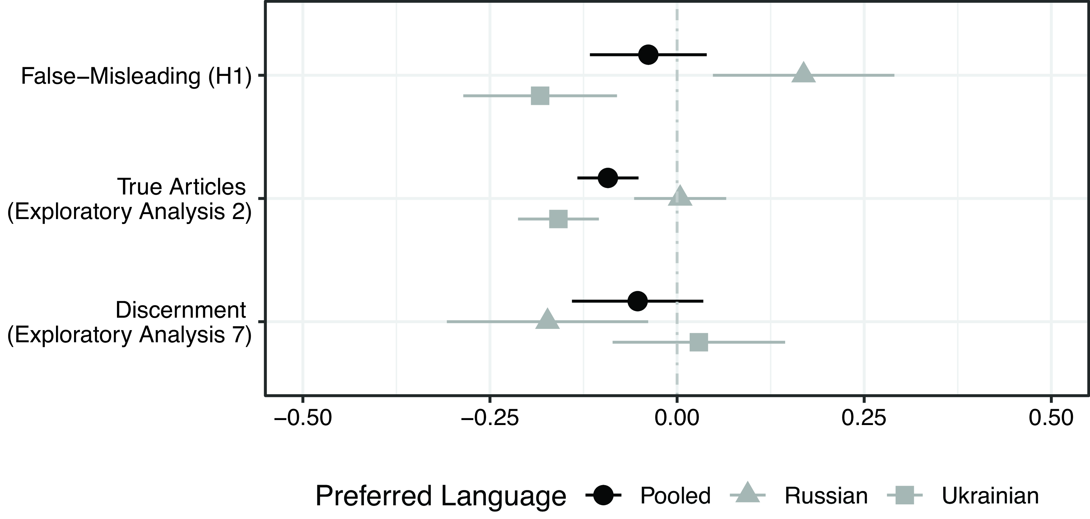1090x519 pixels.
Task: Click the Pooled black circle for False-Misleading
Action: tap(648, 55)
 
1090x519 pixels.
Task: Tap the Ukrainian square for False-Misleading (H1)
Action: tap(540, 96)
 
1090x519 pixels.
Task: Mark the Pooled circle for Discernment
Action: tap(638, 301)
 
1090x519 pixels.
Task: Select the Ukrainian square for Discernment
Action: tap(699, 342)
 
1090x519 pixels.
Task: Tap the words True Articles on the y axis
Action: tap(182, 187)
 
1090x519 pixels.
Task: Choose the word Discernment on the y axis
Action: tap(181, 310)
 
